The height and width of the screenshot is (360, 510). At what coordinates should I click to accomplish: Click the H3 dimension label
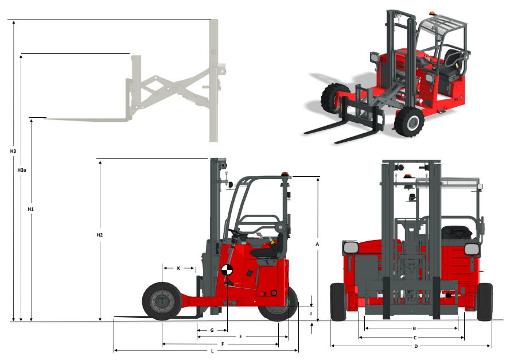tap(13, 151)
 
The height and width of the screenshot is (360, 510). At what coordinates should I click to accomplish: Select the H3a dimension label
tap(22, 171)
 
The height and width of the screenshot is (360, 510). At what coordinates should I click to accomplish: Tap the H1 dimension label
tap(31, 209)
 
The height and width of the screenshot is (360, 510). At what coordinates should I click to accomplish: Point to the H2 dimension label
tap(100, 235)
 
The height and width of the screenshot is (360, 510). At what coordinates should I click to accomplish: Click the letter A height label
tap(317, 243)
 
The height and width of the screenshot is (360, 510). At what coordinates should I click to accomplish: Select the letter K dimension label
tap(178, 268)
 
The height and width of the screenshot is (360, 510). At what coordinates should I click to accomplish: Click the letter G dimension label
tap(212, 330)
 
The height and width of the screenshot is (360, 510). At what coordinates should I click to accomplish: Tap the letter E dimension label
tap(241, 336)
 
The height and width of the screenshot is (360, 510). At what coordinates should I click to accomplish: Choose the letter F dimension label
tap(222, 344)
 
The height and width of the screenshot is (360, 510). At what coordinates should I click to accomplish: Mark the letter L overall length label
tap(212, 350)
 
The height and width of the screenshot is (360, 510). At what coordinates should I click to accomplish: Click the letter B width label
tap(414, 328)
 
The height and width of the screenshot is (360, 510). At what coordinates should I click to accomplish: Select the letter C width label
tap(415, 338)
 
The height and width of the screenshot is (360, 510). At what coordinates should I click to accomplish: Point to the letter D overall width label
tap(416, 346)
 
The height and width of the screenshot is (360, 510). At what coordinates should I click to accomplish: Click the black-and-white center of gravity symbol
tap(227, 271)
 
